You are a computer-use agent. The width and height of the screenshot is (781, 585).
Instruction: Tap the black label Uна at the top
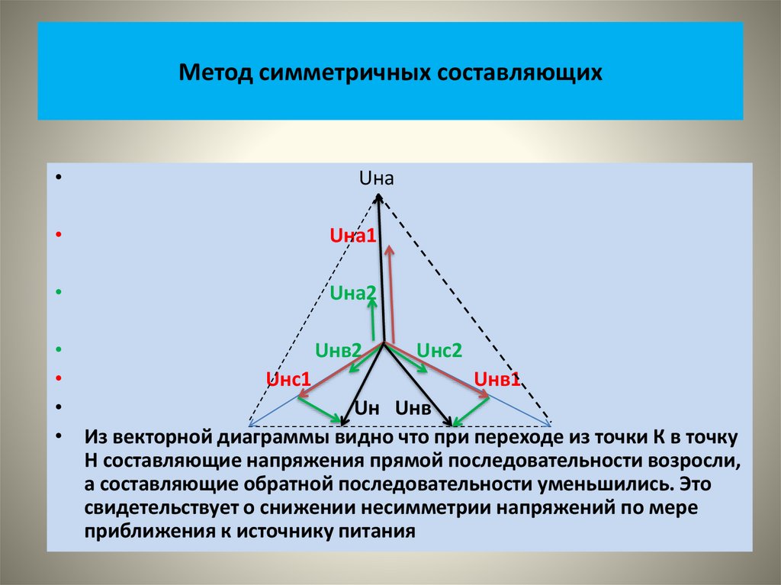click(376, 179)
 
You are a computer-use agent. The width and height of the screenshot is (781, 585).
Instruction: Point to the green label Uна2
click(353, 292)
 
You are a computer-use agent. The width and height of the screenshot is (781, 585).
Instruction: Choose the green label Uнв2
click(339, 351)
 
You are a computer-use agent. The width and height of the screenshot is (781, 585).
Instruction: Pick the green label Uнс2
click(439, 351)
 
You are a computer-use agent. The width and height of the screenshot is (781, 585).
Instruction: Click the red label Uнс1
click(288, 379)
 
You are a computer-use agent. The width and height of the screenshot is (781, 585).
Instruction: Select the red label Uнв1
click(497, 379)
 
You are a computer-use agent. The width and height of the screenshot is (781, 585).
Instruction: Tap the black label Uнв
click(413, 410)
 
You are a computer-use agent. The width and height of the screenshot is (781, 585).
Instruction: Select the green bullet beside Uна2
click(59, 292)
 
